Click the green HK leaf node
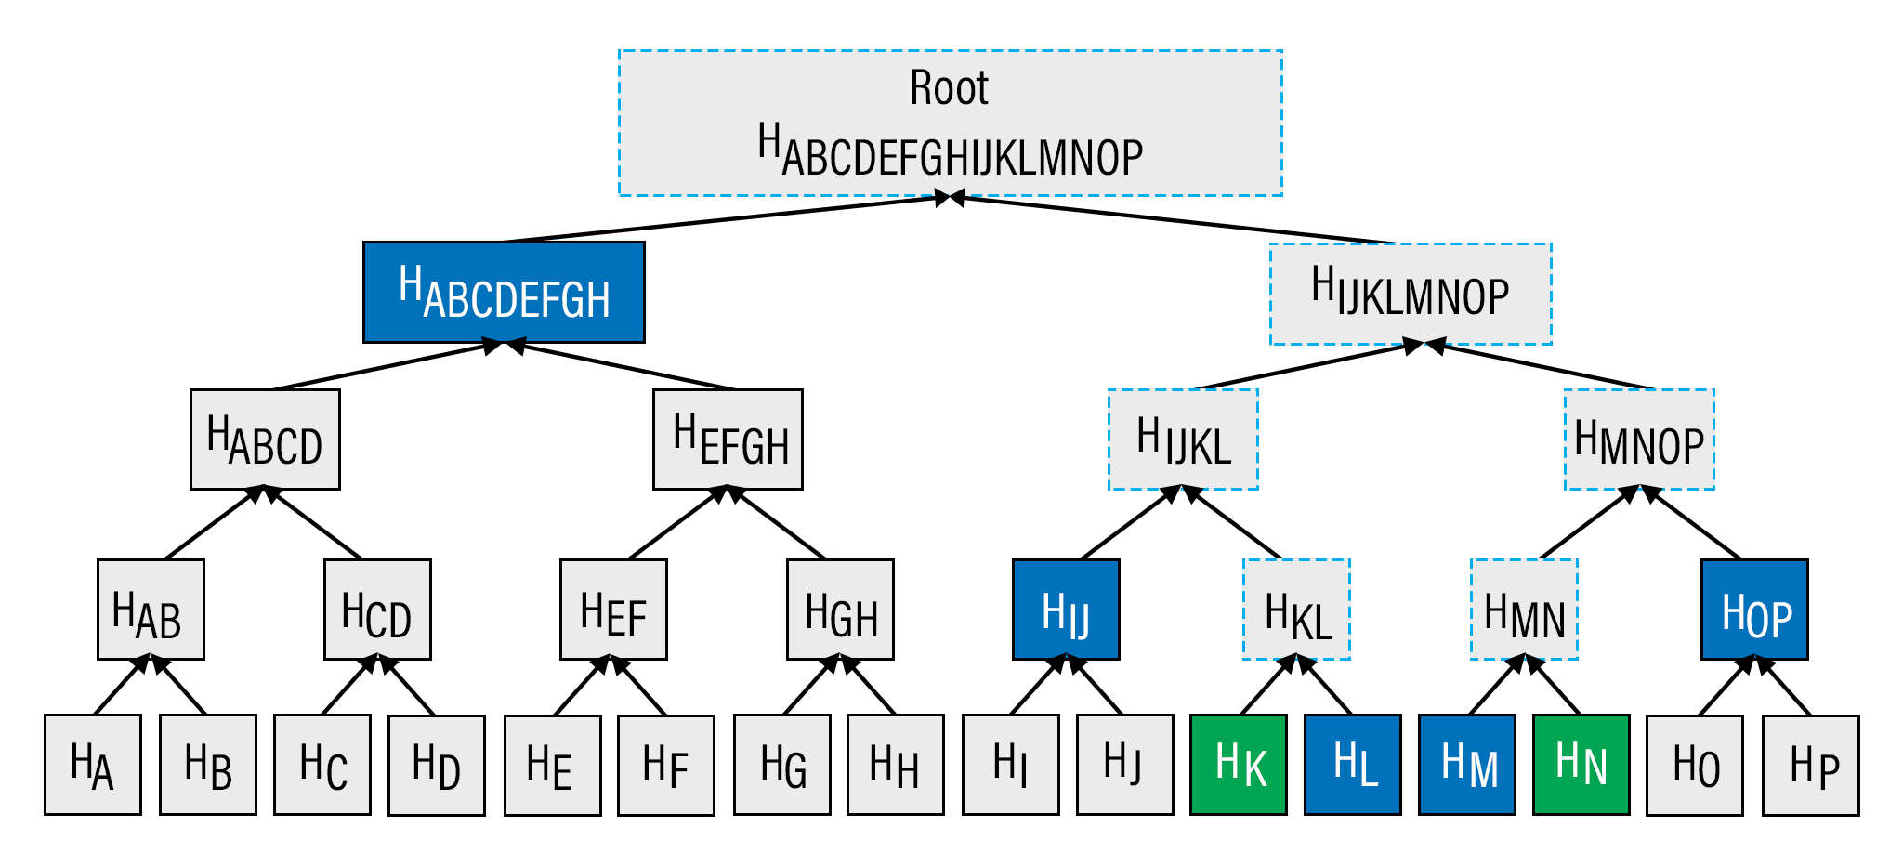click(1239, 765)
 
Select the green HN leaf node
click(1581, 765)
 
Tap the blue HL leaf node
click(1352, 765)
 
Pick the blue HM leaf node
click(1467, 765)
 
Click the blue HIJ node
click(1066, 610)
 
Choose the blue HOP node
click(1754, 610)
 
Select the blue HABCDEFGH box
click(504, 293)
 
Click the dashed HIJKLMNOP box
click(1411, 295)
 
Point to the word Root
click(949, 89)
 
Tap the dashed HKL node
click(1296, 610)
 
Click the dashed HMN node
click(1524, 610)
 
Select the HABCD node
click(265, 440)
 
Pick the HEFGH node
click(728, 440)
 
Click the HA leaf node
click(93, 765)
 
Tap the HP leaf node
click(1810, 765)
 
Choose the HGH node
click(840, 610)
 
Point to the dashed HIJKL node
click(1183, 440)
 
